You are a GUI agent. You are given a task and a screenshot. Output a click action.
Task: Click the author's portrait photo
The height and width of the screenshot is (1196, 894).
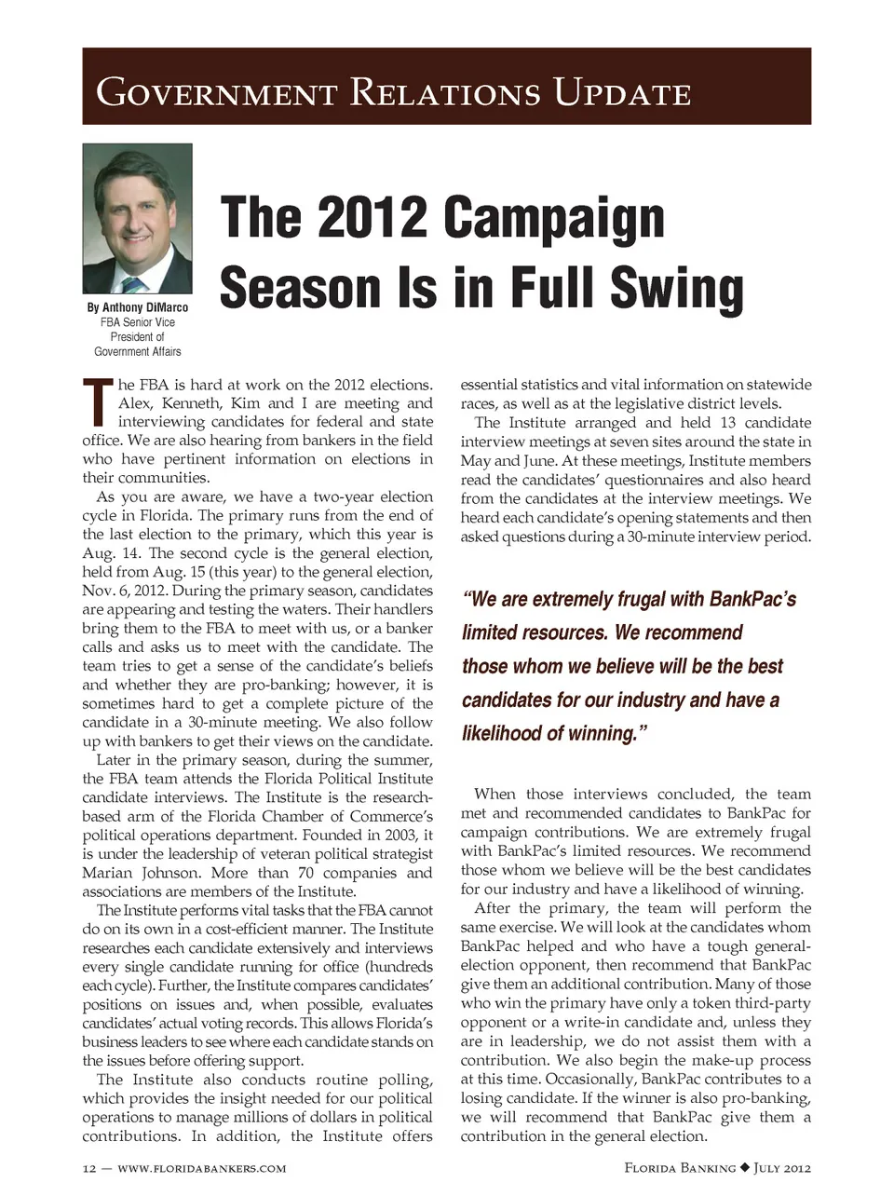[137, 219]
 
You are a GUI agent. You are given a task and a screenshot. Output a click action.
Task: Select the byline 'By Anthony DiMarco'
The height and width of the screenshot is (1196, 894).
[137, 307]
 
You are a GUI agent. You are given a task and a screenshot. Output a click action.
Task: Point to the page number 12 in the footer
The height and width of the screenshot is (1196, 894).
[90, 1168]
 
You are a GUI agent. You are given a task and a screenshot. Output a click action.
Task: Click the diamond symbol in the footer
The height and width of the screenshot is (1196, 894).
[744, 1167]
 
